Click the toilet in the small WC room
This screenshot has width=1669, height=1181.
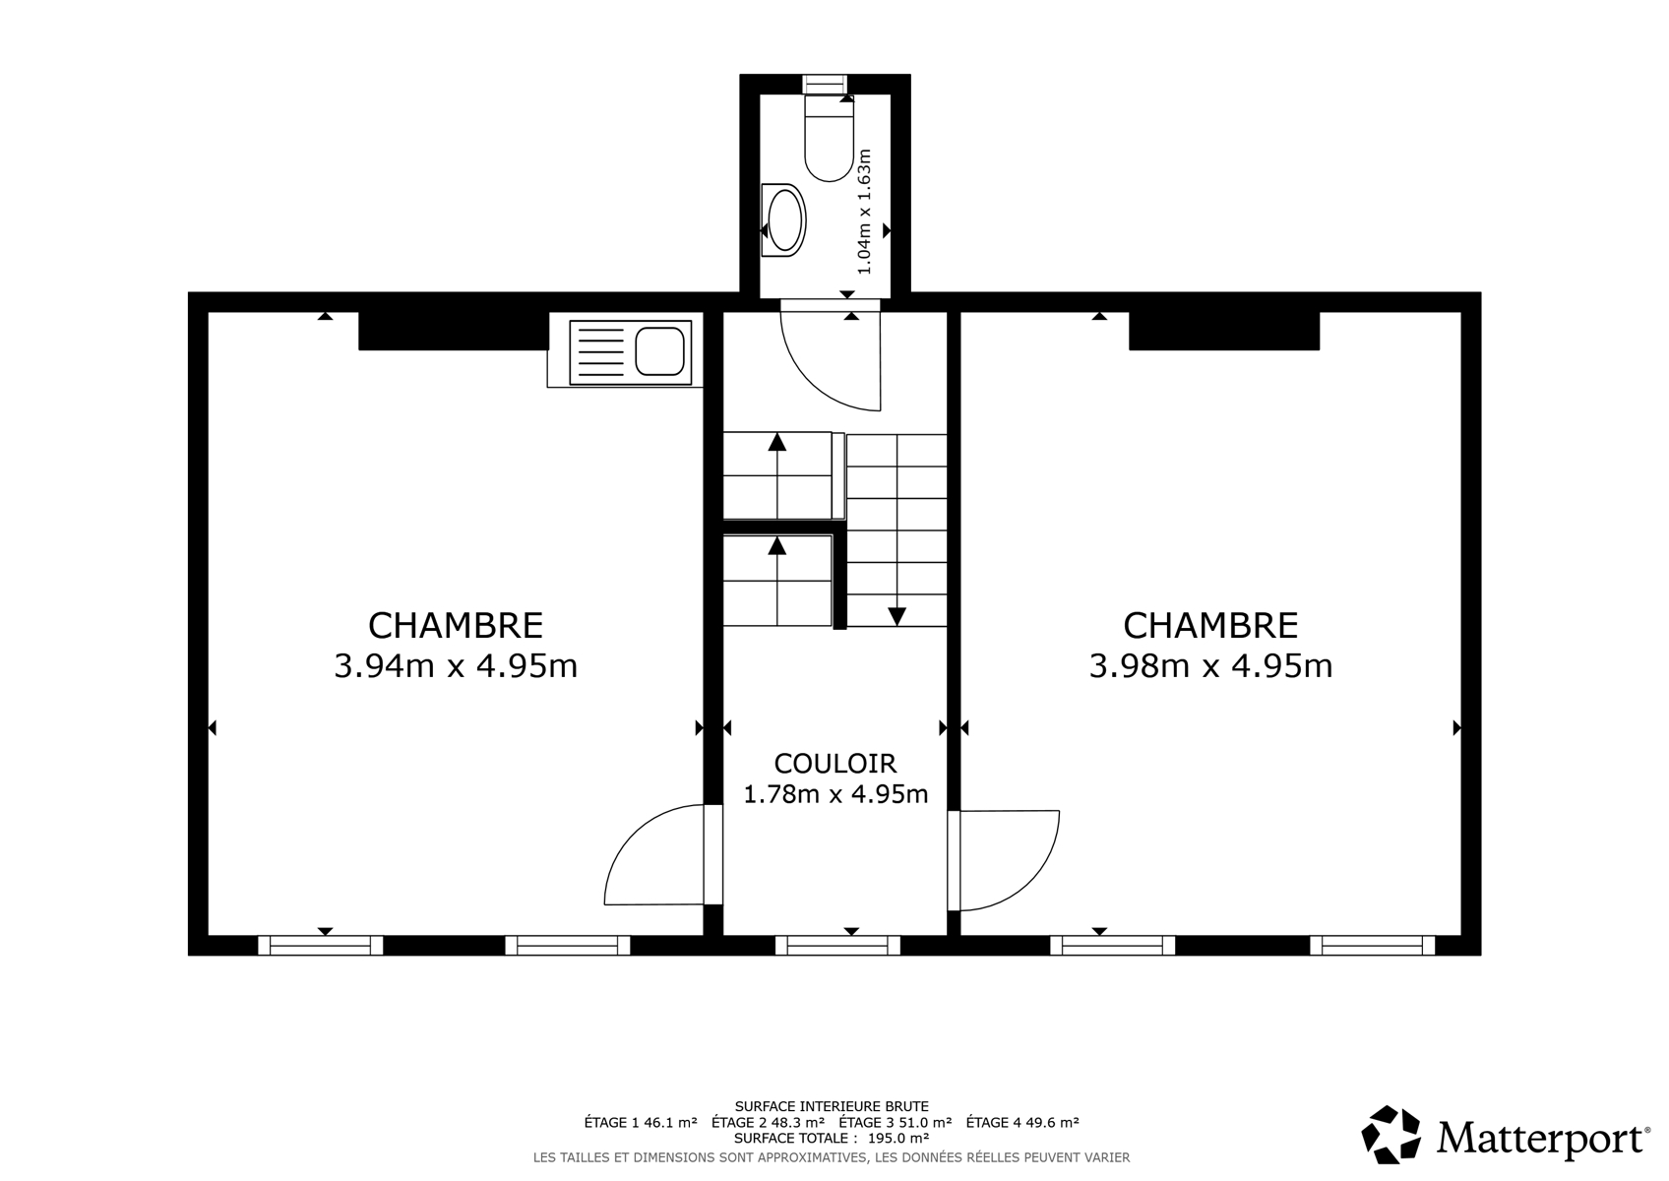tap(829, 139)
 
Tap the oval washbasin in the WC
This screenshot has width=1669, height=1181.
tap(784, 220)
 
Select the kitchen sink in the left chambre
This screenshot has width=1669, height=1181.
tap(631, 352)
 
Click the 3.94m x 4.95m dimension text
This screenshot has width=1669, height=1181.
tap(456, 666)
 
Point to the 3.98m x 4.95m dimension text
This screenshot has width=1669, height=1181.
tap(1210, 666)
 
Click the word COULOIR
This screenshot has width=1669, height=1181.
tap(835, 764)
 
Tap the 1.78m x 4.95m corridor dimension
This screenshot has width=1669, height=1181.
tap(835, 794)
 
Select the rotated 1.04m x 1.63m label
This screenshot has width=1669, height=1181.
tap(864, 212)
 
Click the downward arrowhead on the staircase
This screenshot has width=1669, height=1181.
tap(897, 616)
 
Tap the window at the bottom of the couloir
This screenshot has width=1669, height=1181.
tap(837, 946)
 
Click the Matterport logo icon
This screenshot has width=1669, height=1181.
tap(1391, 1134)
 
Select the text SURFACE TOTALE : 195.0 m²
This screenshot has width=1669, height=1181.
tap(832, 1138)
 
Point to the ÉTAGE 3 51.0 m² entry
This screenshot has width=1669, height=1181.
tap(895, 1122)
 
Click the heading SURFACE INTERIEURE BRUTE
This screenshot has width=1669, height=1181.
tap(832, 1106)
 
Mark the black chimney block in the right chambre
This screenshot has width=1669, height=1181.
tap(1224, 331)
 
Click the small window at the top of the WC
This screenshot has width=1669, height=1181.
tap(825, 85)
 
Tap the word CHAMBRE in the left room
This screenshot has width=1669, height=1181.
tap(456, 626)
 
